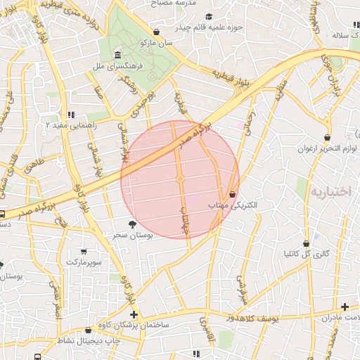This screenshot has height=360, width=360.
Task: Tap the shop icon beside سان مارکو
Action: tap(156, 32)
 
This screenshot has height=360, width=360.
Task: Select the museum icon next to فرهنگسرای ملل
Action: tap(116, 56)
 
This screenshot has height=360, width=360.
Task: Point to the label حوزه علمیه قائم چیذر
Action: tap(233, 27)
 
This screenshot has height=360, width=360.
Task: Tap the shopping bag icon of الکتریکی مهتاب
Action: tap(232, 194)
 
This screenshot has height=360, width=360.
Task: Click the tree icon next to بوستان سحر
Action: tap(132, 224)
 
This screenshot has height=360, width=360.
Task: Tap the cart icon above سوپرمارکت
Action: tap(84, 251)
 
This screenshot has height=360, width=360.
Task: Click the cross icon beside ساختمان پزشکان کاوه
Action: tap(134, 314)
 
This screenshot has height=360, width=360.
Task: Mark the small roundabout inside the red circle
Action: tap(180, 180)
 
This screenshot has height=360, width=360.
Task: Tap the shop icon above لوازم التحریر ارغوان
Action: tap(328, 137)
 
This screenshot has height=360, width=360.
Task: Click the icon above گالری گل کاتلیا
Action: tap(306, 243)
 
